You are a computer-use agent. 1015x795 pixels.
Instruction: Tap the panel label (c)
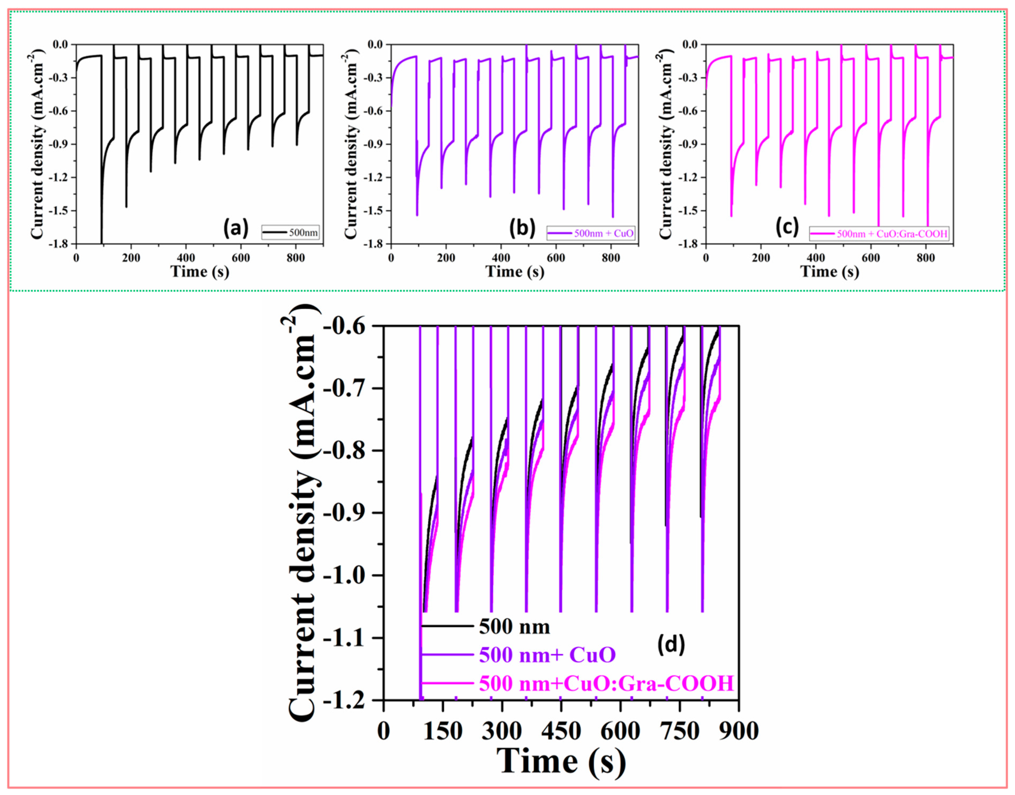(787, 229)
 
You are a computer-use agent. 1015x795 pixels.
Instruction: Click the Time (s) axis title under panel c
(829, 271)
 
